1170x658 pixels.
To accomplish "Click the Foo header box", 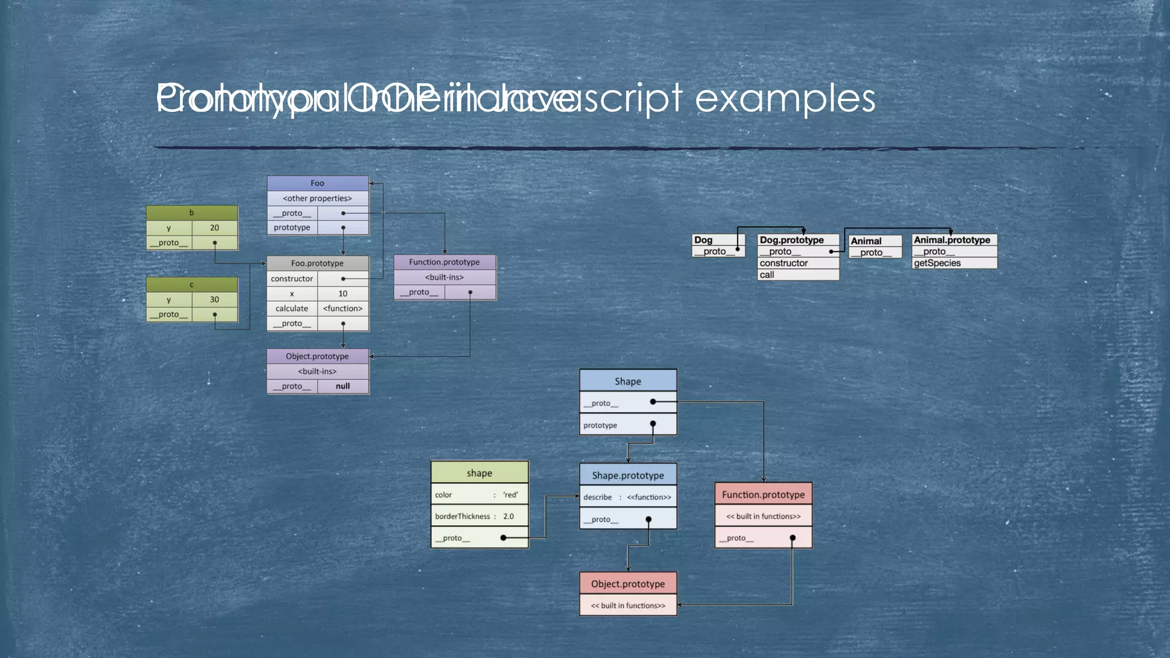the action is [318, 183].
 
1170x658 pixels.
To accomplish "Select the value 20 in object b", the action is [214, 227].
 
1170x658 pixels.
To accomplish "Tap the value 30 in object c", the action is [214, 299].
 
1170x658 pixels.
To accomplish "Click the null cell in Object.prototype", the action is [343, 386].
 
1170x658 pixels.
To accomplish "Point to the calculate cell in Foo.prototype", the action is [292, 308].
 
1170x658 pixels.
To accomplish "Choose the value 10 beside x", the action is [343, 294].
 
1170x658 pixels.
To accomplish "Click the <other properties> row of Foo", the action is [318, 198].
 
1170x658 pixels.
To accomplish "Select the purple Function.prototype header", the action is [444, 262].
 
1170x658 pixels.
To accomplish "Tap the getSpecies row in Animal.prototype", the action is [954, 263].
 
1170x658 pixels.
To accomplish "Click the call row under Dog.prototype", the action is [798, 275].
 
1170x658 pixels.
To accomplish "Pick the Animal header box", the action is [875, 241].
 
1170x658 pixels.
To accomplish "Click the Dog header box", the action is [718, 240].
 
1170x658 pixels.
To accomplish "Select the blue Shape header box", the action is [628, 381].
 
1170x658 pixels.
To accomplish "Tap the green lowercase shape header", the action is [479, 473].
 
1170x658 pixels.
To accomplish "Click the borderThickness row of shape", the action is [479, 516].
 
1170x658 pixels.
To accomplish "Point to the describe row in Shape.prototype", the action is [628, 497].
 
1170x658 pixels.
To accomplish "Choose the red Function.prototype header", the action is [763, 495].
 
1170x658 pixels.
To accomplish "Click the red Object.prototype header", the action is [628, 584].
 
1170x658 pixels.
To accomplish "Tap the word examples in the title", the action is [785, 99].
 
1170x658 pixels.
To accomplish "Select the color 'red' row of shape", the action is [479, 495].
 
